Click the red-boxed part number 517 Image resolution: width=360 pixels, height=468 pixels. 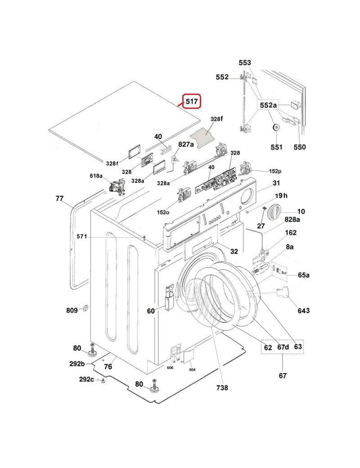point(192,101)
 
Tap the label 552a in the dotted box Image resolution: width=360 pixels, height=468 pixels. point(268,105)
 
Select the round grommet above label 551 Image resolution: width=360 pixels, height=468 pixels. point(276,127)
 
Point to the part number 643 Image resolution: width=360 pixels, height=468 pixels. point(303,310)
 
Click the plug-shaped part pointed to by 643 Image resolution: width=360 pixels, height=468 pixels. point(282,292)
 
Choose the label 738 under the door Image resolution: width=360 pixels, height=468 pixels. point(222,387)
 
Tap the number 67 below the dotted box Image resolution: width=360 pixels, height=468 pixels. point(283,375)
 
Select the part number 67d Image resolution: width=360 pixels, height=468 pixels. point(283,347)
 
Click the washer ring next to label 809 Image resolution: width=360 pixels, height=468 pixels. point(85,308)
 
